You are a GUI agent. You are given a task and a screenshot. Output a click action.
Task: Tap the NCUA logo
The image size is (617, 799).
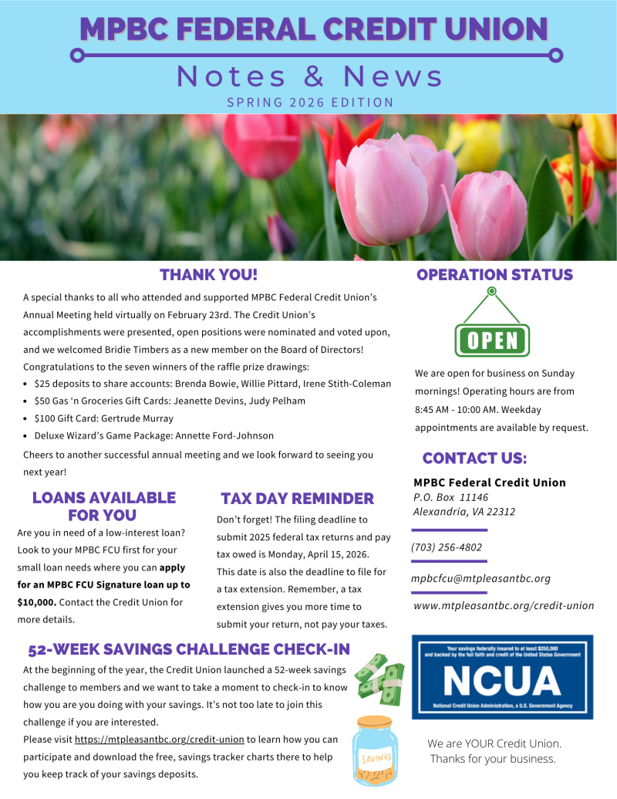(x=502, y=677)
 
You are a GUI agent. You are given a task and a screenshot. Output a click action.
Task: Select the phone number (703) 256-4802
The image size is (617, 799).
(x=447, y=547)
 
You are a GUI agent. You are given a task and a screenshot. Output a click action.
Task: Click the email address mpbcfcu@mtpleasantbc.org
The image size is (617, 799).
(x=481, y=578)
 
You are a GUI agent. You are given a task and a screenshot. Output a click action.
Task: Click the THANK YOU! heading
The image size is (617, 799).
(x=208, y=275)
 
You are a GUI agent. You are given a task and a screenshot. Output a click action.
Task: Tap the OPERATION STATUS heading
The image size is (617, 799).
(x=494, y=275)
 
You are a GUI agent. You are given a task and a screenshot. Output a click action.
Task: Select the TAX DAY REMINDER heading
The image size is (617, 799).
(x=297, y=499)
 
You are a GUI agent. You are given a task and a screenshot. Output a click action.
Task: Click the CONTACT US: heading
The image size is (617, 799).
(x=474, y=459)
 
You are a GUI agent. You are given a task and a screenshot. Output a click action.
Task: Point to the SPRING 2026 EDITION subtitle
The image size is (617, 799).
(x=310, y=102)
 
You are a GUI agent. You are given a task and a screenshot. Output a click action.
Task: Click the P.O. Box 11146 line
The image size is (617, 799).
(x=451, y=497)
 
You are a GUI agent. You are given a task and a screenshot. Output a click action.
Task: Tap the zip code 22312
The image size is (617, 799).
(x=500, y=512)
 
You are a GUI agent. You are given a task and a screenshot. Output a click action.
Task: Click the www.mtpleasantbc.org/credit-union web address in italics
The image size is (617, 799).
(x=504, y=606)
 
